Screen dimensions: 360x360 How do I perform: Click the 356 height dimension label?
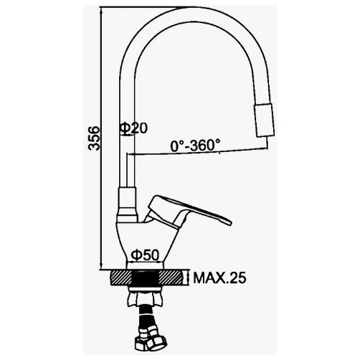click(x=94, y=138)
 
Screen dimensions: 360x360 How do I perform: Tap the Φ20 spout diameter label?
click(x=133, y=128)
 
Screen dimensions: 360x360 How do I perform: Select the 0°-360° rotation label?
click(x=195, y=146)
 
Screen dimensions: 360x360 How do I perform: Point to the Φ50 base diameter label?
click(x=145, y=255)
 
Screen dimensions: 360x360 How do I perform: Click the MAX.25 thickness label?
click(x=219, y=278)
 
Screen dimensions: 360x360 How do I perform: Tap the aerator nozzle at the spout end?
click(x=265, y=120)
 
